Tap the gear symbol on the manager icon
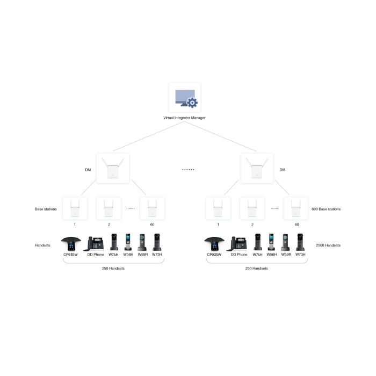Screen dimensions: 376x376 [x=192, y=103]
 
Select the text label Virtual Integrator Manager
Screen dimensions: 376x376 [x=184, y=118]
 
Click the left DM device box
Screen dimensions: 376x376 [x=113, y=168]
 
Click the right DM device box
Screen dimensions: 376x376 [x=257, y=168]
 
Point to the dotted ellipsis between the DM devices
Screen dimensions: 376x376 [x=188, y=170]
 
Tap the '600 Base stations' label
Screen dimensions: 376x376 [x=326, y=209]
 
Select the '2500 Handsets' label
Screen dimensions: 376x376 [x=328, y=245]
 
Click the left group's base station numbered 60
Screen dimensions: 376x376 [x=152, y=208]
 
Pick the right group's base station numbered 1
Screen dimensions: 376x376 [x=218, y=208]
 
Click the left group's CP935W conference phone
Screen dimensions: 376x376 [x=71, y=243]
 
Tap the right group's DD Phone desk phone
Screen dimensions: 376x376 [x=237, y=243]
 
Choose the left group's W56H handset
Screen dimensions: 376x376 [x=128, y=242]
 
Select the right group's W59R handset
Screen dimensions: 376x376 [x=285, y=242]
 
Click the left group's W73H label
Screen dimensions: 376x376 [x=157, y=255]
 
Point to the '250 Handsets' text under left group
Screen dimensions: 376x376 [x=113, y=269]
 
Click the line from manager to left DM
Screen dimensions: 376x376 [x=148, y=136]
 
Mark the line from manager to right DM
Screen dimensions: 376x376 [x=220, y=136]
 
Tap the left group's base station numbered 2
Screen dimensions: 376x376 [x=109, y=208]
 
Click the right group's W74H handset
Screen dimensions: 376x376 [x=257, y=242]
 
